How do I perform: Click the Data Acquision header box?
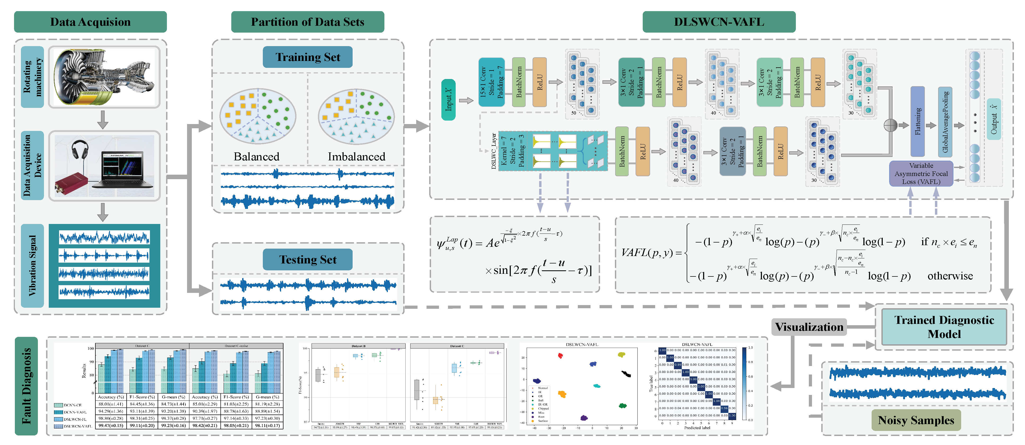(x=90, y=22)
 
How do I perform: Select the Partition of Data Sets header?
(x=308, y=22)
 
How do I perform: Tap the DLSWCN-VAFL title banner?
(x=719, y=22)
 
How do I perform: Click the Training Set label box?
(x=308, y=57)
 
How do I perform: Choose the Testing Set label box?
(x=308, y=259)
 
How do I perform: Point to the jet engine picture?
(x=104, y=77)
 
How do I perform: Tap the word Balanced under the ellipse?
(x=257, y=156)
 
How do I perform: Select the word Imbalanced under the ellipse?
(x=357, y=156)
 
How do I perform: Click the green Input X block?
(x=449, y=99)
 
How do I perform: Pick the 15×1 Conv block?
(x=491, y=82)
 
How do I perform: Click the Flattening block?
(x=917, y=121)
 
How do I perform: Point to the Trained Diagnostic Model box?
(x=944, y=327)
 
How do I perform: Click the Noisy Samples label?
(x=916, y=420)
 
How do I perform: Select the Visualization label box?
(x=809, y=327)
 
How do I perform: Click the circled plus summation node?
(x=890, y=125)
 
